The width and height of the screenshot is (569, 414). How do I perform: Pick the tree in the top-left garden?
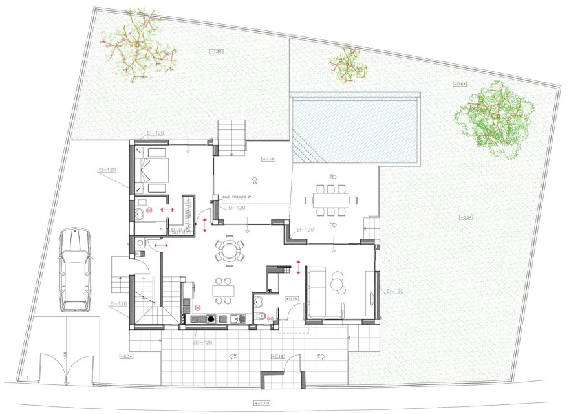(x=138, y=45)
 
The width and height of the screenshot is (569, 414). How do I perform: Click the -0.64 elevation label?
(x=459, y=84)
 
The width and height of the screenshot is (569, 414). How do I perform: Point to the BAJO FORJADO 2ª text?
(x=235, y=197)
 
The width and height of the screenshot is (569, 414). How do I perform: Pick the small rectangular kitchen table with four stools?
(x=224, y=291)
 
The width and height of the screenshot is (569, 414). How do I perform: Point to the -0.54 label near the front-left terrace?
(x=126, y=356)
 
